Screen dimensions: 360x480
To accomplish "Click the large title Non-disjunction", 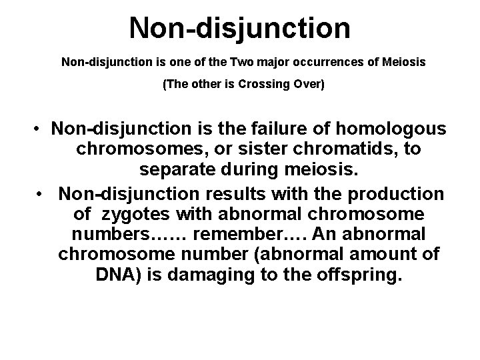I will click(240, 27).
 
